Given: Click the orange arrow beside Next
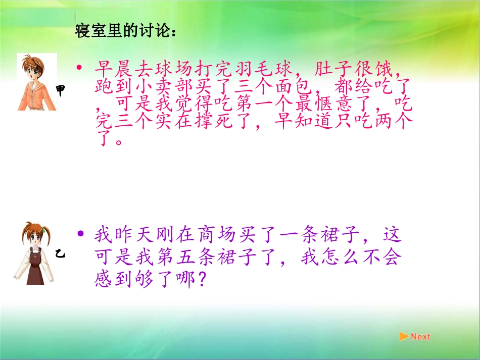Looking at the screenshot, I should (x=404, y=336).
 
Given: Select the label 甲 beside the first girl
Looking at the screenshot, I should (x=61, y=91).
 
